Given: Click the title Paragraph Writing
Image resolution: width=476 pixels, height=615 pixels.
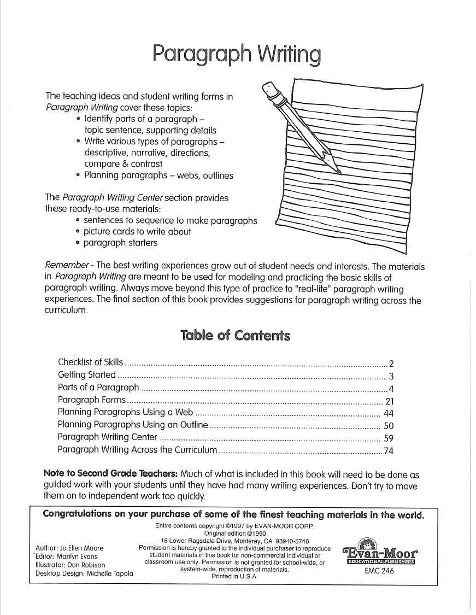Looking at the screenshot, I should click(x=236, y=55).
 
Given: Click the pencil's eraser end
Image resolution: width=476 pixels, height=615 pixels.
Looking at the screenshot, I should click(x=269, y=89).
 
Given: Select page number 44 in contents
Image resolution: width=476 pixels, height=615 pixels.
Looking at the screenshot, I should click(x=389, y=413).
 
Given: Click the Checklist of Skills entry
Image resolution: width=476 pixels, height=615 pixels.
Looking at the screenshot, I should click(x=91, y=363).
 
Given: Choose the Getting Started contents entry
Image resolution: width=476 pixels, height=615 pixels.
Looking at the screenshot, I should click(x=86, y=375).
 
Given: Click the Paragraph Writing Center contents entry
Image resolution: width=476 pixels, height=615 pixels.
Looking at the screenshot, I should click(x=108, y=438).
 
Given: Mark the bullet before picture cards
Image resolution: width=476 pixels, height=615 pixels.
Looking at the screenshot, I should click(x=79, y=232).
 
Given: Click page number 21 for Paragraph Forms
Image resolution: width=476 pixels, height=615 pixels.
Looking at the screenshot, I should click(x=390, y=401).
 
